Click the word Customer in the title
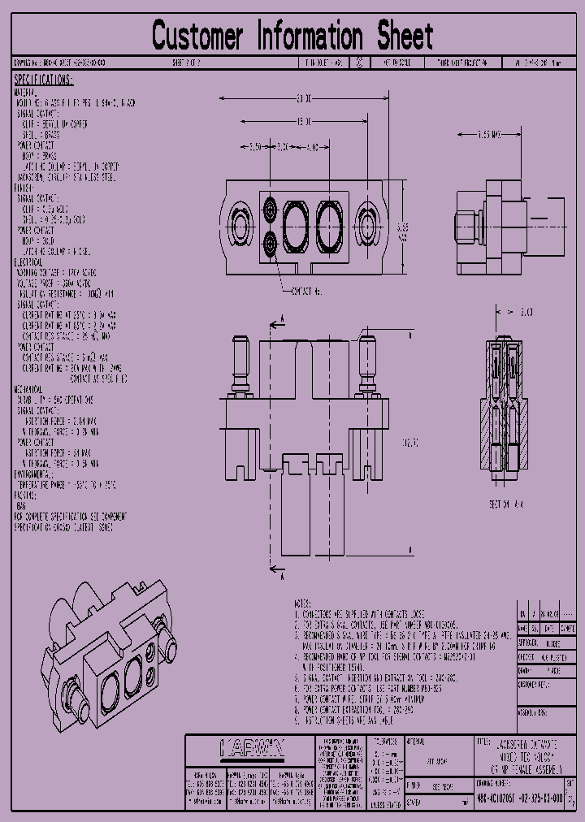pos(197,37)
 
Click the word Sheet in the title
pos(404,37)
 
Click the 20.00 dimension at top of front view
pos(304,98)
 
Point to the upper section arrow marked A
pos(276,322)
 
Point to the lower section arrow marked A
pos(276,575)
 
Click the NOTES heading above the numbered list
pos(301,605)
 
